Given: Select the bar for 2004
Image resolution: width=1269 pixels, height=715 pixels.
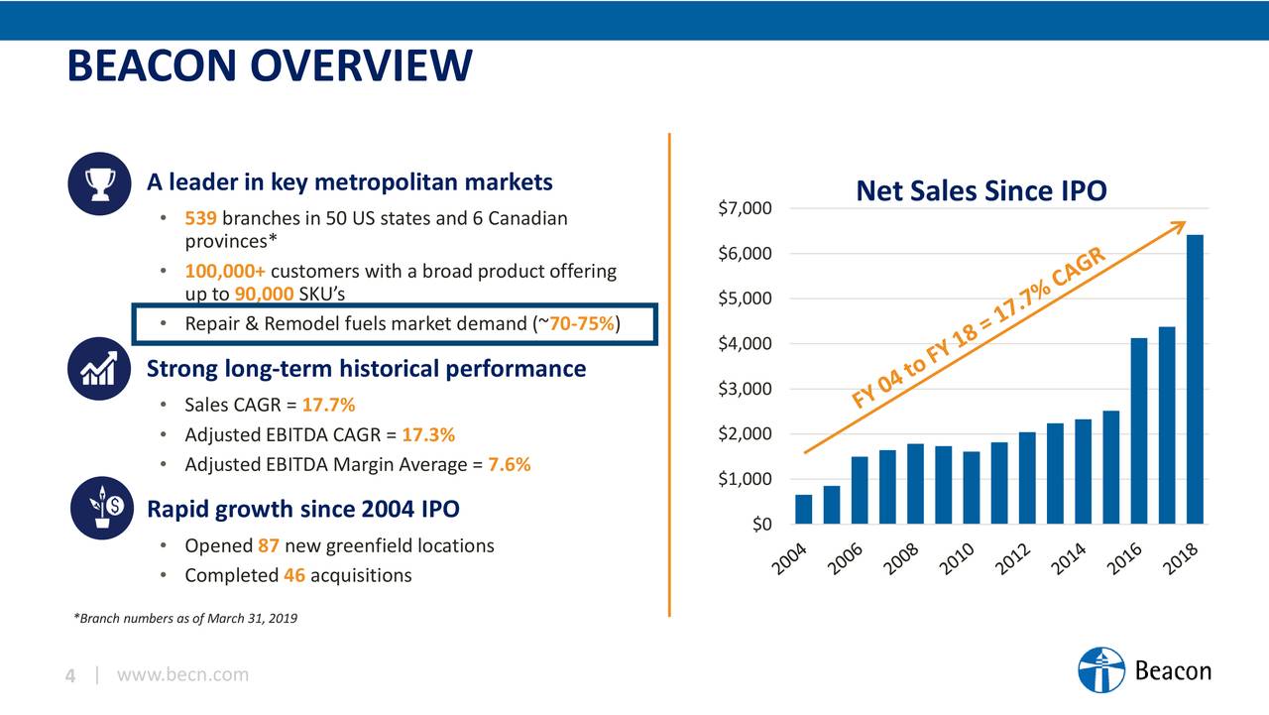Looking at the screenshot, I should [x=803, y=509].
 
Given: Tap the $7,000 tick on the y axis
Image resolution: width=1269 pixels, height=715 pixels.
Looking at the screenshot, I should [x=745, y=208].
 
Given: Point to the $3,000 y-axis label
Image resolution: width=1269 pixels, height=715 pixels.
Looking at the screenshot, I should [x=745, y=389].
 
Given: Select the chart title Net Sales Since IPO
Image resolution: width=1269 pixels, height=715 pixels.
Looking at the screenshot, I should [x=981, y=190].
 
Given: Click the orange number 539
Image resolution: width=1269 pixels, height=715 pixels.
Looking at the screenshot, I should [x=200, y=218].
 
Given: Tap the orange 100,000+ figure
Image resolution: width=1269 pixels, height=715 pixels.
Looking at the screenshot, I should [x=224, y=271].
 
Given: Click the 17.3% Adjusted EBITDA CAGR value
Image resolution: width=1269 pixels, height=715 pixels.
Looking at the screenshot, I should [x=429, y=434].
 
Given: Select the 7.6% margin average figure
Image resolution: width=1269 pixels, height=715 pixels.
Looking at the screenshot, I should [x=510, y=464].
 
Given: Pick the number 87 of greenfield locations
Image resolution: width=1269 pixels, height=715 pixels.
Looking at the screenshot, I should [x=268, y=545].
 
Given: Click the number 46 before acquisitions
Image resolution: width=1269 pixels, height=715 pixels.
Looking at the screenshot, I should [x=293, y=575].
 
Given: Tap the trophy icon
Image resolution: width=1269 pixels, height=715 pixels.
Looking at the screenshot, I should [x=100, y=184].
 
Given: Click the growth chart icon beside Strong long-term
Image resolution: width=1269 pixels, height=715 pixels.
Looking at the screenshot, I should [x=100, y=369].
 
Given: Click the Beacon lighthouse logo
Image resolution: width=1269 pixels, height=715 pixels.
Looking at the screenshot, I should [x=1101, y=670].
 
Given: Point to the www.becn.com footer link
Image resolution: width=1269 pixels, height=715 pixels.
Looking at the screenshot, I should [x=182, y=675].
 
